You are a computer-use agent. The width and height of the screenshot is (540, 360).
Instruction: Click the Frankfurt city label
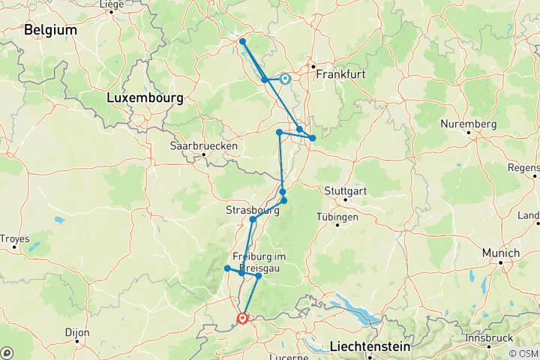341,74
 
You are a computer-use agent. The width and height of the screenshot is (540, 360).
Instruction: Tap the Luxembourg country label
145,98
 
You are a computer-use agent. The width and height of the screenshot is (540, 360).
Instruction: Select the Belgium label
50,30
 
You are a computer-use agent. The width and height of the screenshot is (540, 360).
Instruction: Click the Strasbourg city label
252,211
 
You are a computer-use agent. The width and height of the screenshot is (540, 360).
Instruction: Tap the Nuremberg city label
469,123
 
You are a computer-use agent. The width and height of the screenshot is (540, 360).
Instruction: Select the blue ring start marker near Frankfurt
285,78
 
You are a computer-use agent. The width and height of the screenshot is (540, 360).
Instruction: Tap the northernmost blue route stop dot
242,41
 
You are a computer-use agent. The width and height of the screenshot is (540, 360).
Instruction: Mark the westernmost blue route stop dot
226,268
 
